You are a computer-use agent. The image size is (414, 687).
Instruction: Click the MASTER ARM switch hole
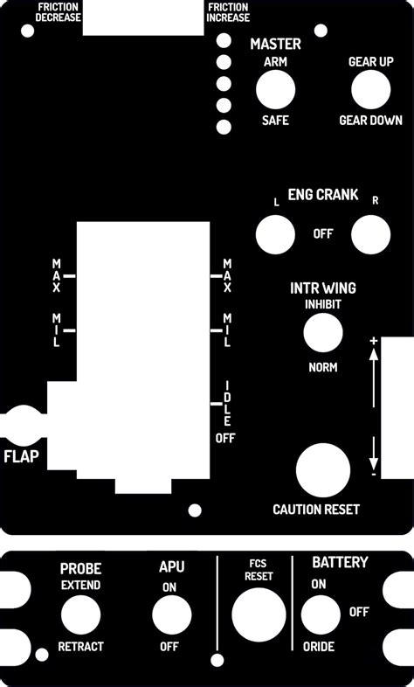coord(274,90)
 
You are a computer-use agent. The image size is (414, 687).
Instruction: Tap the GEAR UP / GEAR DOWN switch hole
coord(370,90)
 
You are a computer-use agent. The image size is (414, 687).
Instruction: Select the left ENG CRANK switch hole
coord(274,234)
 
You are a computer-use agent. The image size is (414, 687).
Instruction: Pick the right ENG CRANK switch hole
coord(370,234)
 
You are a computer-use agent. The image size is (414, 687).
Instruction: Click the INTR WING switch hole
coord(322,334)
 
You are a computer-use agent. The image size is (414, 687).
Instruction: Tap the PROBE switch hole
coord(80,615)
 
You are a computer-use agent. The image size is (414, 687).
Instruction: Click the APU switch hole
coord(171,615)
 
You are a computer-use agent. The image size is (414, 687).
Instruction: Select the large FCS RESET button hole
coord(259,614)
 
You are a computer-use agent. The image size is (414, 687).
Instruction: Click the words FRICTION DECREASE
coord(59,12)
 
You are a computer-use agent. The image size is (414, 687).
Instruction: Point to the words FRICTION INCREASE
coord(229,12)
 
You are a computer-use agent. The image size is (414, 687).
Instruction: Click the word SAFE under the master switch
coord(275,121)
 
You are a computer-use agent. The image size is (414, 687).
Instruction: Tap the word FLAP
coord(22,456)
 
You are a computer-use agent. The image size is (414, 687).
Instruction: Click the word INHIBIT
coord(323,304)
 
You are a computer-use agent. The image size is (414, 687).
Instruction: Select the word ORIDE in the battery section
coord(319,648)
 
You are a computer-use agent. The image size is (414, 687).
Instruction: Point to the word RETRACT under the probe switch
coord(80,647)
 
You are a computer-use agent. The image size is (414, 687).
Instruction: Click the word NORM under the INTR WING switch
coord(323,367)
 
